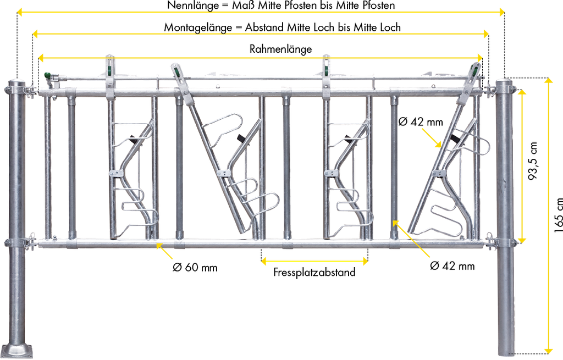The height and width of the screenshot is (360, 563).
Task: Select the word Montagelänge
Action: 198,27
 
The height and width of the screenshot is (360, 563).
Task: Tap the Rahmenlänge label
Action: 281,49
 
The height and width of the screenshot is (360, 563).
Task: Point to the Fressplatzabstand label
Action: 314,273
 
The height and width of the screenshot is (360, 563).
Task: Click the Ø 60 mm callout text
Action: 195,268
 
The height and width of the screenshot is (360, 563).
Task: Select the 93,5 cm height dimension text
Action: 533,161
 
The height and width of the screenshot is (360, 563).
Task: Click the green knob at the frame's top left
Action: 47,75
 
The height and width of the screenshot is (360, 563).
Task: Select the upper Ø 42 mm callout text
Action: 421,122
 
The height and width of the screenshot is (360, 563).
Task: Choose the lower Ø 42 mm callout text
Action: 452,266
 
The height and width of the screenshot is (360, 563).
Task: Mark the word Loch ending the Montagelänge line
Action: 390,27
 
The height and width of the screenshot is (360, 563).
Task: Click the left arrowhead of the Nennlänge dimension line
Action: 21,13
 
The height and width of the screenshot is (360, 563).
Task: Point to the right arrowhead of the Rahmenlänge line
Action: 479,58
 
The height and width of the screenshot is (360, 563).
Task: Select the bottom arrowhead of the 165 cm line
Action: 549,350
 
